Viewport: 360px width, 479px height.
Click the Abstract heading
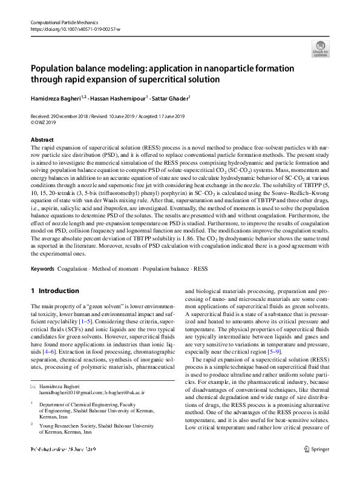click(x=41, y=139)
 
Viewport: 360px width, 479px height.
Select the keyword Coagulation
click(x=72, y=268)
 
